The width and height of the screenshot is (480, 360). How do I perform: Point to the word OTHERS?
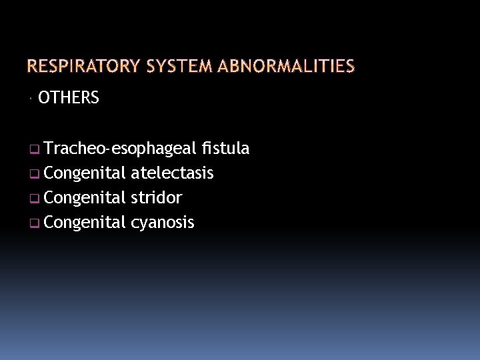coord(69,99)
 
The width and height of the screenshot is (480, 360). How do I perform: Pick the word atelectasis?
coord(172,173)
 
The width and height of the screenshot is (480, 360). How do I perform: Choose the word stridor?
coord(157,198)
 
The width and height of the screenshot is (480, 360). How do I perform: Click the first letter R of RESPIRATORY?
coord(31,66)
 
